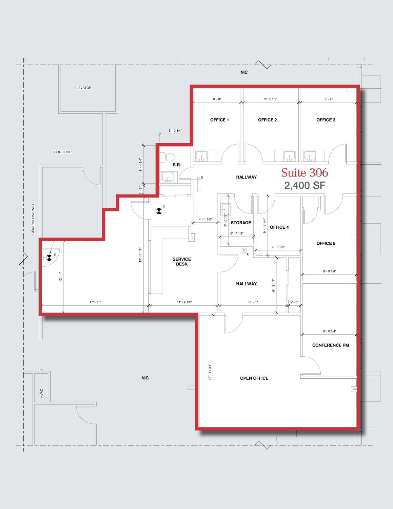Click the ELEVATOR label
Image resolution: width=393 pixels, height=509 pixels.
tap(83, 88)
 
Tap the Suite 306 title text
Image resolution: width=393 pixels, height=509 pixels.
tap(304, 173)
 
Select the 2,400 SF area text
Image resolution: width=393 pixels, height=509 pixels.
tap(305, 186)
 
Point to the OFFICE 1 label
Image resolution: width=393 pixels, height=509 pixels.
tap(219, 120)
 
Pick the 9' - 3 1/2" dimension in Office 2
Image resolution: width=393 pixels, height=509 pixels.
tap(271, 99)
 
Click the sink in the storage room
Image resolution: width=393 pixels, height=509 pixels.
tap(225, 209)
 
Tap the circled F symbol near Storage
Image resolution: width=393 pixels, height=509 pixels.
tap(244, 250)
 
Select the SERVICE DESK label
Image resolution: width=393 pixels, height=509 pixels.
tap(182, 262)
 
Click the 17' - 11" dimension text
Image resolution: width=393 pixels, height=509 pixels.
tap(95, 302)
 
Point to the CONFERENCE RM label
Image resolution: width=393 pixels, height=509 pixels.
tap(331, 345)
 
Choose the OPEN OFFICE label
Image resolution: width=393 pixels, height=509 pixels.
tap(254, 378)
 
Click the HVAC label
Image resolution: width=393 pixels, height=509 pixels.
tap(41, 393)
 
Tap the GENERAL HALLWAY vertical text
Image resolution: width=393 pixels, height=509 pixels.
tap(33, 219)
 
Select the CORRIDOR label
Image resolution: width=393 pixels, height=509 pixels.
tap(63, 152)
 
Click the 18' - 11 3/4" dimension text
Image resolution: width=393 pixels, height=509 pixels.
tap(210, 372)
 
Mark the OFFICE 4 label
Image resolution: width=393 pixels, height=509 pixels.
tap(279, 227)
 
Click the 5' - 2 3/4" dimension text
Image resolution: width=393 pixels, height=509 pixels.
tap(175, 130)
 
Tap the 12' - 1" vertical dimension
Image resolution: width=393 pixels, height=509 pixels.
tap(61, 277)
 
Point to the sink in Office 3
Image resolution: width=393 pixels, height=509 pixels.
tap(309, 156)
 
